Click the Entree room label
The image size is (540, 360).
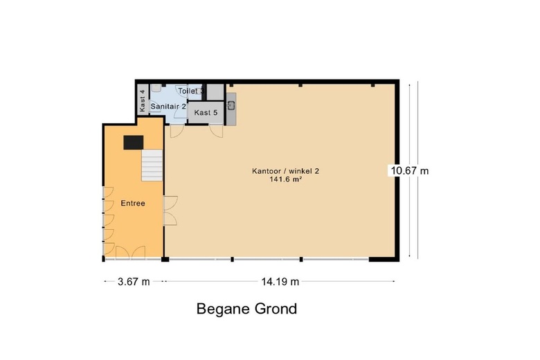click(132, 203)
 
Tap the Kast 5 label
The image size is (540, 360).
click(206, 112)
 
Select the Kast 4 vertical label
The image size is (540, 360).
click(143, 101)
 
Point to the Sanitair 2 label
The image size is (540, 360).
click(168, 106)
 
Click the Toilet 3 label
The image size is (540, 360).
click(190, 91)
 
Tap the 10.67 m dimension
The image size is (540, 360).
click(409, 170)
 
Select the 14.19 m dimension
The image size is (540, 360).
click(280, 281)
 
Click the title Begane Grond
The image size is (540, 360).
click(246, 309)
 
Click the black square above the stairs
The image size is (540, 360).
click(133, 142)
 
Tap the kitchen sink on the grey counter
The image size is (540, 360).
click(232, 105)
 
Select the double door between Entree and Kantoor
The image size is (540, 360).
click(170, 210)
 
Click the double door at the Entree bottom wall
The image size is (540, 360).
click(129, 252)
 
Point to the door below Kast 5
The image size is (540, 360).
click(217, 129)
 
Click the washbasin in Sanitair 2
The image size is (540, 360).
click(158, 89)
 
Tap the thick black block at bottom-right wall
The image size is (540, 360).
click(381, 260)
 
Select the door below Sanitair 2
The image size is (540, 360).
click(177, 129)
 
